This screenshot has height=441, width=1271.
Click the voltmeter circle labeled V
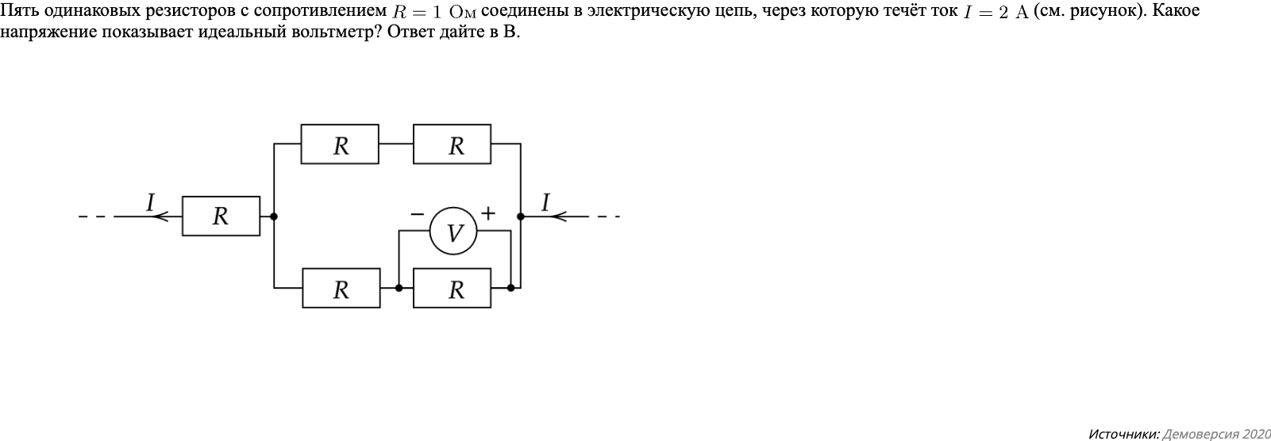pyautogui.click(x=453, y=232)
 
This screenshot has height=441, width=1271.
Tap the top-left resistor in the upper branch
pyautogui.click(x=340, y=144)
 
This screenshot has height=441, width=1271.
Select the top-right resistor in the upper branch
pyautogui.click(x=452, y=144)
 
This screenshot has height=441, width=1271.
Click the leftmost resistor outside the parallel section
pyautogui.click(x=221, y=216)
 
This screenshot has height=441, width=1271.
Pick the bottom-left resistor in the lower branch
pyautogui.click(x=341, y=289)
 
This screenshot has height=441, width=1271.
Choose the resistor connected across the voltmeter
pyautogui.click(x=452, y=289)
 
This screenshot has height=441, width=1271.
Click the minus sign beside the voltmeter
pyautogui.click(x=417, y=213)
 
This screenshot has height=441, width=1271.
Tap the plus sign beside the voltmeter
pyautogui.click(x=487, y=213)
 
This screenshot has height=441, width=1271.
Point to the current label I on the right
pyautogui.click(x=545, y=202)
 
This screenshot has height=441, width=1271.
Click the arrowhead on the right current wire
pyautogui.click(x=558, y=216)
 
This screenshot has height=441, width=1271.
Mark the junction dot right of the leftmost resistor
pyautogui.click(x=274, y=216)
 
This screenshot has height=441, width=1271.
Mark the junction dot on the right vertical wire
pyautogui.click(x=521, y=216)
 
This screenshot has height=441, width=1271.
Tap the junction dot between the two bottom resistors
pyautogui.click(x=399, y=288)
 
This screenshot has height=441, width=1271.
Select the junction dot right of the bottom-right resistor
pyautogui.click(x=510, y=288)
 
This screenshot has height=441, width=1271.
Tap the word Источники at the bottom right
pyautogui.click(x=1123, y=434)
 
